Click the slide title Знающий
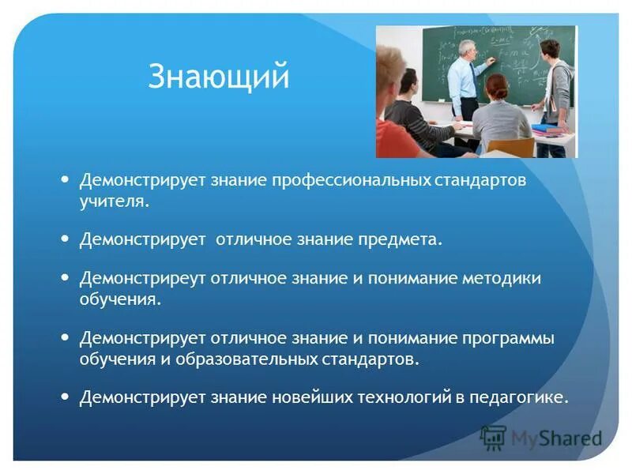[219, 76]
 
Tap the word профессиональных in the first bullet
[351, 180]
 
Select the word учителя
[114, 201]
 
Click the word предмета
[401, 240]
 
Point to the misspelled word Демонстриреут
[143, 279]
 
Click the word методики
[502, 279]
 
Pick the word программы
[508, 339]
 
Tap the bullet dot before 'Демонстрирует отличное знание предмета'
[65, 239]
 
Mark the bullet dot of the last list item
[65, 397]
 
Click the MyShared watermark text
[557, 438]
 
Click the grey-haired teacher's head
[468, 50]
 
